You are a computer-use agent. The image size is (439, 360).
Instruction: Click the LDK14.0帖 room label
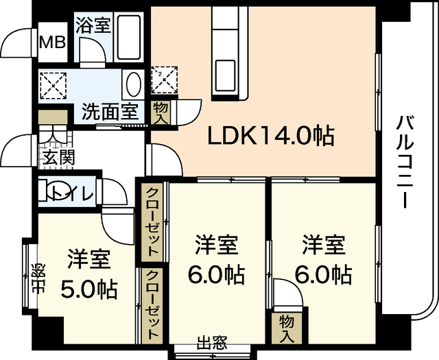coord(271,136)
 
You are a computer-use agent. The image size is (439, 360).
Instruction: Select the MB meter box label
coord(51,42)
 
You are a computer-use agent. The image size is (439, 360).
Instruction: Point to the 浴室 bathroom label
coord(93,25)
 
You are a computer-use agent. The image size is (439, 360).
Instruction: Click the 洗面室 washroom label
coord(110,110)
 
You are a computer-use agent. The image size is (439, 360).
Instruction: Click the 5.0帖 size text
coord(88,289)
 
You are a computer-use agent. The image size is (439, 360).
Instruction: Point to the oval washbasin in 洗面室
coord(133,86)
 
